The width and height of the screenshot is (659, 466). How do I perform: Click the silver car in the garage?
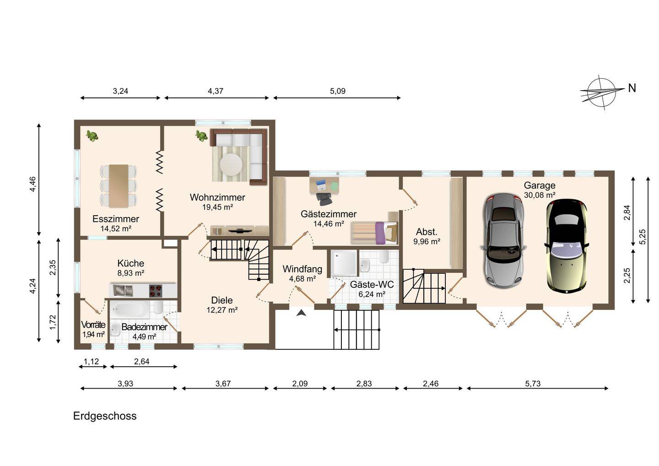click(504, 240)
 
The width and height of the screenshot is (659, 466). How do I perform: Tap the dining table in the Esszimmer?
click(119, 186)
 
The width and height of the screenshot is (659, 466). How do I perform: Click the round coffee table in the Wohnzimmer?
click(231, 164)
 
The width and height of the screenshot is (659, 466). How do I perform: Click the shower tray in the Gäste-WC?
click(344, 263)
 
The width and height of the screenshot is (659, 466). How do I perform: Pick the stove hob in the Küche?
click(155, 291)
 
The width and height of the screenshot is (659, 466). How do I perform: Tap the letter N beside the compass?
click(632, 88)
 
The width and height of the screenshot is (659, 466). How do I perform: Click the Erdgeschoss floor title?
click(105, 416)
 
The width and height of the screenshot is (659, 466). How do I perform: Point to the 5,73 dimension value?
click(533, 384)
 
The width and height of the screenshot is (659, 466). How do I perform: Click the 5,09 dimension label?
click(337, 91)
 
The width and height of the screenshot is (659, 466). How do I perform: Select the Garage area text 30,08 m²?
click(540, 195)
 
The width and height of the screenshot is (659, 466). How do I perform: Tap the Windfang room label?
click(302, 269)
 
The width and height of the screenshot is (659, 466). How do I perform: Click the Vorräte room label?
click(93, 325)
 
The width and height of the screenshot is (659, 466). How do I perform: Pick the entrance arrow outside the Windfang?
click(301, 313)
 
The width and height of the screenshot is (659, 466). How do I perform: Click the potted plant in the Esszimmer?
click(92, 136)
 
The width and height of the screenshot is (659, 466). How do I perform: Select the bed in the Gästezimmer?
click(374, 233)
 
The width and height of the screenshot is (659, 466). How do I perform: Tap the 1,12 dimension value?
click(92, 361)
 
